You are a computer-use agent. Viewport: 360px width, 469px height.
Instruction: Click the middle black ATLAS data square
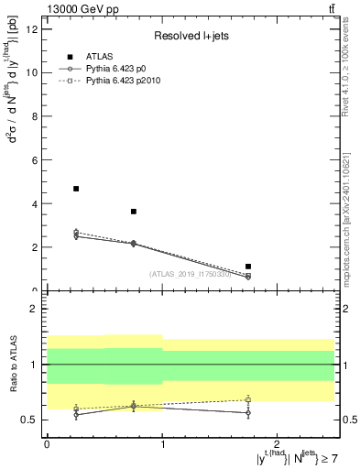point(134,212)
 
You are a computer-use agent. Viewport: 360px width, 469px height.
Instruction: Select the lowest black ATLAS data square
point(248,267)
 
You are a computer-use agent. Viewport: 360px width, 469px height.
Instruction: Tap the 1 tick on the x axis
point(162,444)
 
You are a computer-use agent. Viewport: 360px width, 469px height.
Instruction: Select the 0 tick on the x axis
point(47,444)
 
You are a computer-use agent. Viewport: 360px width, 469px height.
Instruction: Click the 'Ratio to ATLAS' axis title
point(13,365)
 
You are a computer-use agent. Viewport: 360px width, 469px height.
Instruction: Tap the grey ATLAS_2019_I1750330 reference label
point(190,274)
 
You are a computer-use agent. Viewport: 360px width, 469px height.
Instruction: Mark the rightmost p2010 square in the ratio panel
point(248,400)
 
